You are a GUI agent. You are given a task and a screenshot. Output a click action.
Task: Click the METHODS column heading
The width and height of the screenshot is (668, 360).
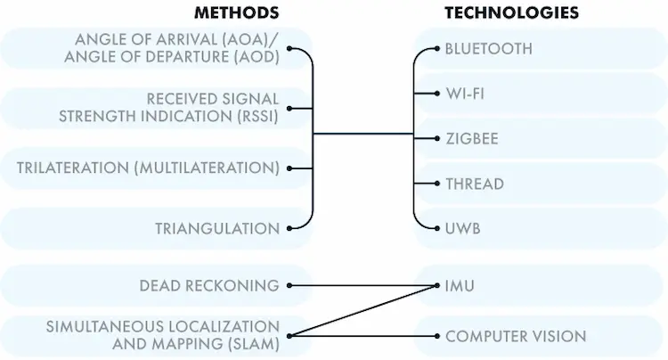[x=237, y=12]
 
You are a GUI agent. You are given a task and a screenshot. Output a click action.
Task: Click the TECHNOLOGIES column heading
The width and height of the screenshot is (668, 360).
[x=512, y=12]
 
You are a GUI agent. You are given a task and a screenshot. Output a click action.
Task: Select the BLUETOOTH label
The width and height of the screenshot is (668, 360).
[x=488, y=48]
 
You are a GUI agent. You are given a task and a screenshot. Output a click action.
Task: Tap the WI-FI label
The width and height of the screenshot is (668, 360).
[x=465, y=94]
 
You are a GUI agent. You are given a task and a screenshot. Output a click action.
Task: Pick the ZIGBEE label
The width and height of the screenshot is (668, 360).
[x=471, y=138]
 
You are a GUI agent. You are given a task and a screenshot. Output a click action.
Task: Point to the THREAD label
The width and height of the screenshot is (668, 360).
[x=475, y=184]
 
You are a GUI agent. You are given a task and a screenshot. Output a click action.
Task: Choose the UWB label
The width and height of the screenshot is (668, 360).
[x=462, y=229]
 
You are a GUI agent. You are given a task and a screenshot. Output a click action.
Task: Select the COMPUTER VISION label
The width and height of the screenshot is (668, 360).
[x=516, y=336]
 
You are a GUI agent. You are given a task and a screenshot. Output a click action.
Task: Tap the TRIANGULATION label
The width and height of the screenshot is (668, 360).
[x=217, y=229]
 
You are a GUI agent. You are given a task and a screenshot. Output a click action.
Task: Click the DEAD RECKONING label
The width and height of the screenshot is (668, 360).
[x=209, y=286]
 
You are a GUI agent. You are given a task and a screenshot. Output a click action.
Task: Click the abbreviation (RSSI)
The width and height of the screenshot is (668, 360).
[x=255, y=116]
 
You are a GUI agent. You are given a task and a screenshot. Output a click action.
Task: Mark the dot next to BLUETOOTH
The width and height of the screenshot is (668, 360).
[x=437, y=48]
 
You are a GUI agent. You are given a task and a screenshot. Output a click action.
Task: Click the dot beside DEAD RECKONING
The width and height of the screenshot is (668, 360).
[x=289, y=286]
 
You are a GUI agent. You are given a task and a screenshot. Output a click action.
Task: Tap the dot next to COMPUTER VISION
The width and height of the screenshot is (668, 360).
[x=437, y=336]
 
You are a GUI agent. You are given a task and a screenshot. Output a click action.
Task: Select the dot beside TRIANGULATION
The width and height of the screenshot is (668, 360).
[x=289, y=229]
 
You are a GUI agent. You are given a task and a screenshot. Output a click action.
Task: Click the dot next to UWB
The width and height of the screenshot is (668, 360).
[x=437, y=229]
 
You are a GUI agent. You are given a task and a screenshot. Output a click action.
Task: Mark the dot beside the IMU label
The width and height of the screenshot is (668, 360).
[x=437, y=286]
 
